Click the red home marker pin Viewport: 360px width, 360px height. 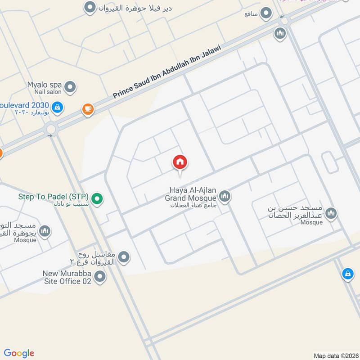coord(180,162)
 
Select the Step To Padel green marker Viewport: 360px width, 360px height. coord(96,198)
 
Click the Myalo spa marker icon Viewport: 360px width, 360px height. coord(70,86)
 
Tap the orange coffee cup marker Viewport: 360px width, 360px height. coord(87,108)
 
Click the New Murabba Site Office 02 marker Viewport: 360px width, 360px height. coord(100,277)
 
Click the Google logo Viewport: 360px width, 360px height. coord(19,353)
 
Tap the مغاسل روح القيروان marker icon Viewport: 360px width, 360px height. coord(124,257)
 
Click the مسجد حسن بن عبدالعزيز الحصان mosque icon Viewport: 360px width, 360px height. coord(331,213)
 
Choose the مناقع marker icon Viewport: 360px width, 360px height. coord(267,13)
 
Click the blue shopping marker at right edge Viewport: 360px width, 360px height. coord(347,273)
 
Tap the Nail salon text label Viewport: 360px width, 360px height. coord(47,92)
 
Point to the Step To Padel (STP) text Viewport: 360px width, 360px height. coord(53,197)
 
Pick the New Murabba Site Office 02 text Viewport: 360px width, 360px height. coord(67,277)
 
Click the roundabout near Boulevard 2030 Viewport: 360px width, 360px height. coord(50,130)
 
